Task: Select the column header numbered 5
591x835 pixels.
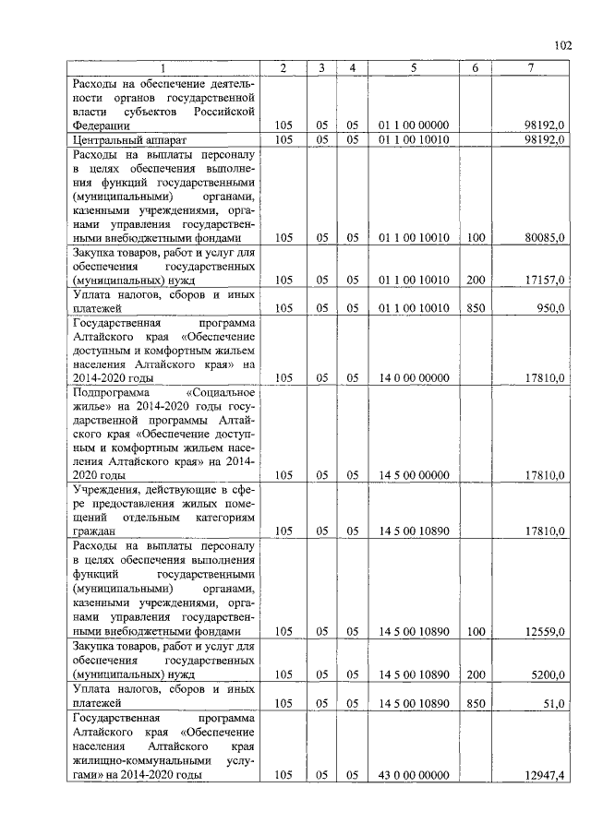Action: tap(414, 68)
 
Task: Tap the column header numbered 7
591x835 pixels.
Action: tap(531, 68)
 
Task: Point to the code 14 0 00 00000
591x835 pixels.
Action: tap(414, 377)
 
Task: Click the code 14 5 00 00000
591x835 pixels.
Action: tap(414, 475)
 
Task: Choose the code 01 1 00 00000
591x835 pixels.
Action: tap(414, 125)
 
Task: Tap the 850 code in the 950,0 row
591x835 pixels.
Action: tap(476, 308)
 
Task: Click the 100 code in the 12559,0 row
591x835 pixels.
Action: tap(476, 631)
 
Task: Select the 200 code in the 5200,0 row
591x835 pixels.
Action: tap(476, 674)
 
